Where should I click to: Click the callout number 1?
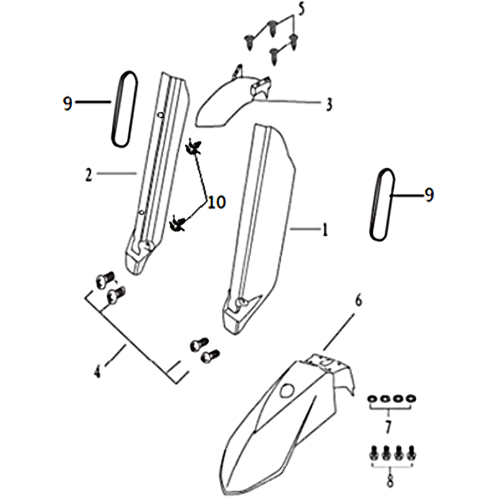tap(324, 229)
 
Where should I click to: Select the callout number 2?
tap(88, 174)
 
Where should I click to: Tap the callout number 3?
tap(329, 104)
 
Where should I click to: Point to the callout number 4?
tap(97, 371)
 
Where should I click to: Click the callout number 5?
tap(301, 9)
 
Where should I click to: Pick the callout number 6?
tap(358, 301)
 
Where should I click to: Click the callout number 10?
tap(216, 202)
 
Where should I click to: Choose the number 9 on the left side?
tap(68, 103)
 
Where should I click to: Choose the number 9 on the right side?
tap(429, 194)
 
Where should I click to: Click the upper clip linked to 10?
tap(194, 147)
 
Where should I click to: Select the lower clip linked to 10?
tap(178, 223)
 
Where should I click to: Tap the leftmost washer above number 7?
tap(372, 398)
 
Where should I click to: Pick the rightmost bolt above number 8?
tap(412, 453)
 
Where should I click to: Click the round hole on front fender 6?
tap(287, 390)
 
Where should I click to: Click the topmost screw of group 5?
tap(272, 27)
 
